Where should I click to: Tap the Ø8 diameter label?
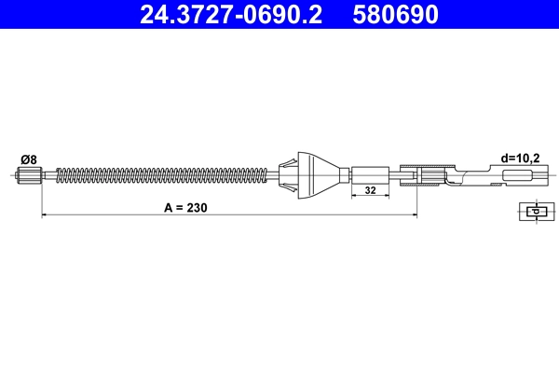(29, 159)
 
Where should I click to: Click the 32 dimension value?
(370, 190)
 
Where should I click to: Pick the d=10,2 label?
(521, 159)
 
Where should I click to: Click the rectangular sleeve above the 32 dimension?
(370, 174)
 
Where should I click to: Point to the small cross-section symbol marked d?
(533, 212)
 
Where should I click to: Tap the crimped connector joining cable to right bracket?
(430, 174)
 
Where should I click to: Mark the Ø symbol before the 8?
(24, 159)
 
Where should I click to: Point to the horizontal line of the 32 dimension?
(370, 199)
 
